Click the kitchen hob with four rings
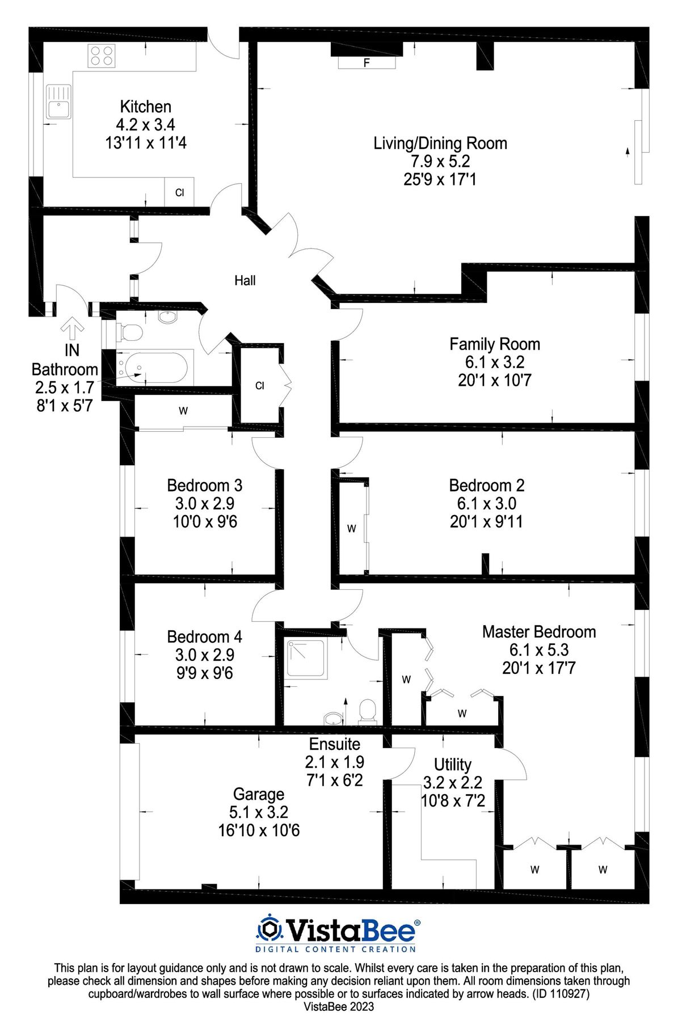coord(102,56)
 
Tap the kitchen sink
coord(58,102)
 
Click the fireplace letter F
coord(367,63)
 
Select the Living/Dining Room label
coord(440,143)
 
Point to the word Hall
coord(245,280)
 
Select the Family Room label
coord(495,344)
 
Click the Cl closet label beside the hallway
coord(260,386)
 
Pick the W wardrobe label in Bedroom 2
coord(352,529)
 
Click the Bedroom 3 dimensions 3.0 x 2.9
coord(205,503)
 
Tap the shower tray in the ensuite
coord(306,659)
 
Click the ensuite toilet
coord(368,712)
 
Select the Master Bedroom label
coord(539,632)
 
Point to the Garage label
coord(259,794)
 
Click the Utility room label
coord(453,765)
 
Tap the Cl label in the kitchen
coord(180,193)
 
